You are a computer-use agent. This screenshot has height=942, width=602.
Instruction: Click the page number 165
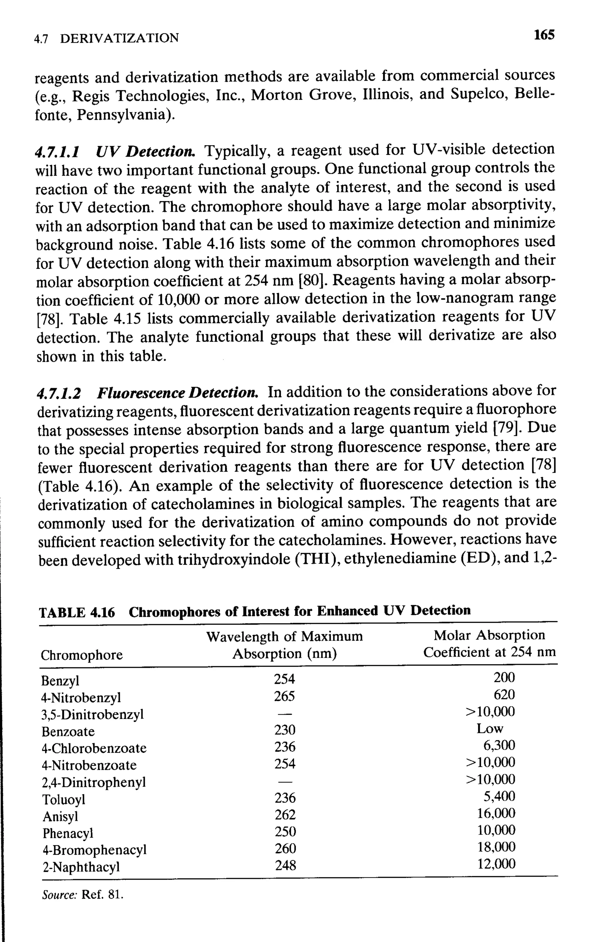[544, 35]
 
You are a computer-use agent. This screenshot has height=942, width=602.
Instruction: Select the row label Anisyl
[61, 816]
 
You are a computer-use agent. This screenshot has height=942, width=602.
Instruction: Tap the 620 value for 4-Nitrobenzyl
[504, 694]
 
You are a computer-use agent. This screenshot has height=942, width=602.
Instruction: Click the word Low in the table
[490, 728]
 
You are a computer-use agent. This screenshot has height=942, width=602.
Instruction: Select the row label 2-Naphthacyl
[81, 867]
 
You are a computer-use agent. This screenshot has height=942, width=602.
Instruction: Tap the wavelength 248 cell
[285, 865]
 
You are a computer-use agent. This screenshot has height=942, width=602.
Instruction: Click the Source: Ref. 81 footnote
[83, 894]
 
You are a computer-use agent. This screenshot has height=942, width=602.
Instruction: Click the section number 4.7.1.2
[59, 393]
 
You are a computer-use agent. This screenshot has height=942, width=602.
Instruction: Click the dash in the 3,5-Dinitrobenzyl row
[285, 713]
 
